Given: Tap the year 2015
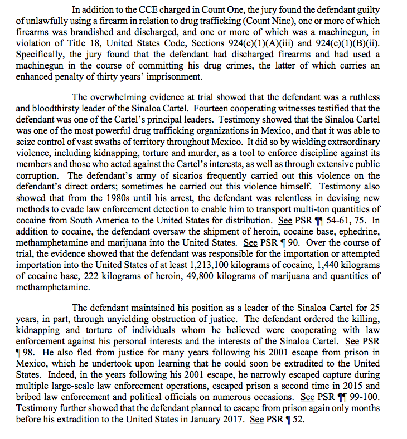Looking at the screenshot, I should pos(349,386).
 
